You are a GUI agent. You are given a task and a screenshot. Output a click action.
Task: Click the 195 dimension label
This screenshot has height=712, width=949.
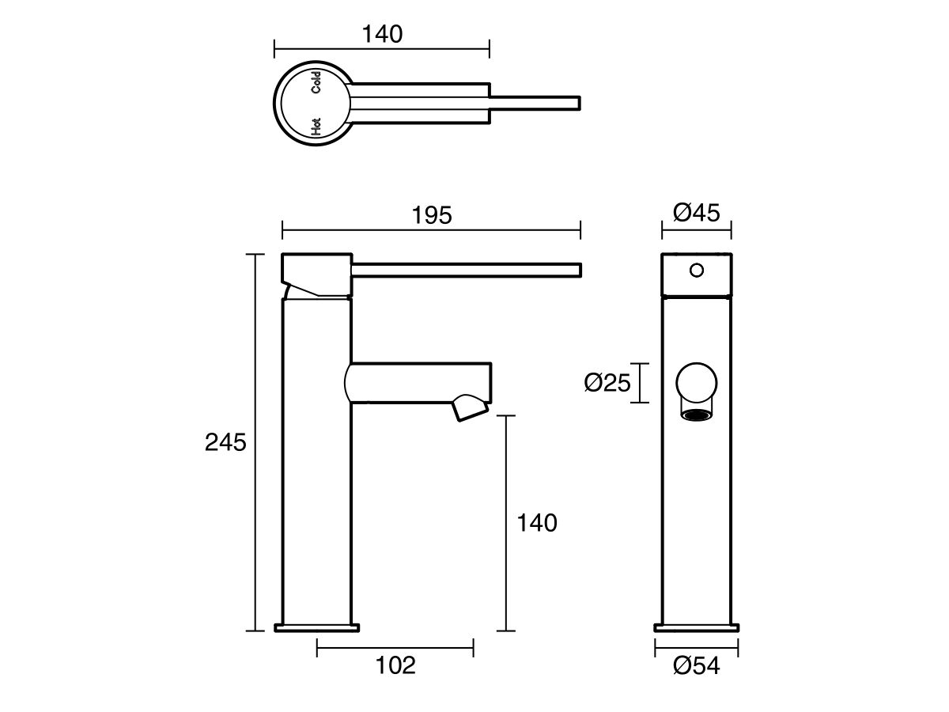point(432,215)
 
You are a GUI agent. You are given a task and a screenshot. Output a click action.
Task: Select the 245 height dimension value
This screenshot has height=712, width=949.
point(225,442)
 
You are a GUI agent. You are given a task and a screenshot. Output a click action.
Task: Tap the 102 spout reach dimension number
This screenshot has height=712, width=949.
point(395,666)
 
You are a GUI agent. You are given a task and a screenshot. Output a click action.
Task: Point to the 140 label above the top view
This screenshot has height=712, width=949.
point(382,35)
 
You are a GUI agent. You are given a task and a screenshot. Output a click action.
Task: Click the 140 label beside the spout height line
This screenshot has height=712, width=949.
point(536,523)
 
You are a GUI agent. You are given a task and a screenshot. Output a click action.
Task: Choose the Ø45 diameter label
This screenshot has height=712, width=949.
point(696,213)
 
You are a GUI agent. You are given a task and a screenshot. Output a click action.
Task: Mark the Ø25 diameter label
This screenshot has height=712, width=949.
point(607,384)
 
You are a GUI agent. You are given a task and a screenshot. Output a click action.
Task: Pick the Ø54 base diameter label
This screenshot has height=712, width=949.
point(697,667)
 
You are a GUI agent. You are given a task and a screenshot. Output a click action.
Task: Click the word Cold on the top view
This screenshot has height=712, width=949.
point(316,83)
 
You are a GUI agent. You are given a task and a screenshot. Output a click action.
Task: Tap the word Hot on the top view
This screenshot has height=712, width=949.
point(316,126)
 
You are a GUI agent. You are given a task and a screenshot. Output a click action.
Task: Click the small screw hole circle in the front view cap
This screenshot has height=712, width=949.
point(696,271)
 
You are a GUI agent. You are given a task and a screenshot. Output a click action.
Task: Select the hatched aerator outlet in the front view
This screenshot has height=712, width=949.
point(697,415)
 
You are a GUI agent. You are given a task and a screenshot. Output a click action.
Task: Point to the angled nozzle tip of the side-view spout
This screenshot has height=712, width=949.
point(471,410)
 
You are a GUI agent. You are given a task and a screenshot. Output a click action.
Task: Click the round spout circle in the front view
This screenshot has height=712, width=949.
point(697,384)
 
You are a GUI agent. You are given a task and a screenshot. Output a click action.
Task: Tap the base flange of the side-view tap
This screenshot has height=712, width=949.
point(316,628)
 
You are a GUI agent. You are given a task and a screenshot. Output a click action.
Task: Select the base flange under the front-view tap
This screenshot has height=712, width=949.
point(697,628)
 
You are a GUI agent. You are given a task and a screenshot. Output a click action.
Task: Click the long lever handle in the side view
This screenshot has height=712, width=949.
point(467,270)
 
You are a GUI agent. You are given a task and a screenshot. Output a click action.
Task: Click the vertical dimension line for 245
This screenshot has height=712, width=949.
point(255,442)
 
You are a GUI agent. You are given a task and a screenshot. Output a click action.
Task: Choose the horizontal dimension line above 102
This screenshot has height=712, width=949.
point(395,648)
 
